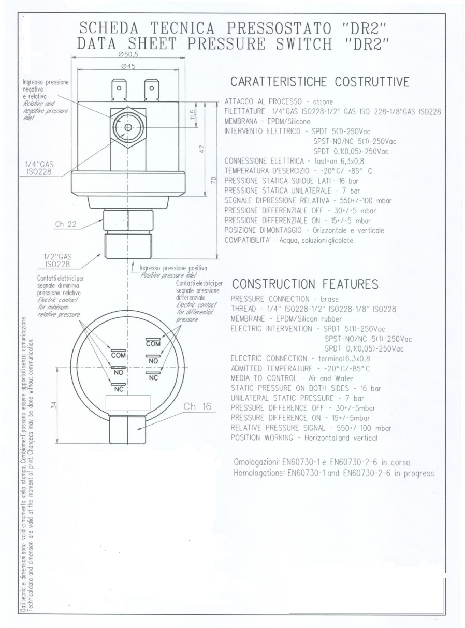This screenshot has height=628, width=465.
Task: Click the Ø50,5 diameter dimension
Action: click(x=128, y=54)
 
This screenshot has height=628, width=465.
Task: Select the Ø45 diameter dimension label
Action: click(x=128, y=66)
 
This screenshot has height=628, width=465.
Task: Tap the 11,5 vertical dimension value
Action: click(x=193, y=114)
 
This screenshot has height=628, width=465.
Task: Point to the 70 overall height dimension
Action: click(x=214, y=180)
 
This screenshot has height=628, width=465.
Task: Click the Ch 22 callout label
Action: click(x=66, y=224)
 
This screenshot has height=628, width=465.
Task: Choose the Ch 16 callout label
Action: click(x=197, y=406)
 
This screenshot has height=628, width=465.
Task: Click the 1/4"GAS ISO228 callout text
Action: click(x=39, y=168)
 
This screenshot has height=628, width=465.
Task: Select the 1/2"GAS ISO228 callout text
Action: click(x=57, y=260)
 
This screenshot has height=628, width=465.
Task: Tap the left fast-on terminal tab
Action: click(x=119, y=90)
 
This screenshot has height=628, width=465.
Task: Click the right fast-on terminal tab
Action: click(x=152, y=90)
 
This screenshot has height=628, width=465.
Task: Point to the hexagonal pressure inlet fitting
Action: click(x=128, y=127)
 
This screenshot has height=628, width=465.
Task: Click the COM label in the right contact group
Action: click(x=153, y=344)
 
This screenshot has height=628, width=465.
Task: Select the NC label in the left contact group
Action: click(x=119, y=389)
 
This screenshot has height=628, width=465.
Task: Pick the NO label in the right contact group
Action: click(x=153, y=361)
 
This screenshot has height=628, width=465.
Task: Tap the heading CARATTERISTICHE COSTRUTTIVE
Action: click(x=320, y=82)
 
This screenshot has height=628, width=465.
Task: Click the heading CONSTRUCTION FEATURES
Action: click(x=306, y=284)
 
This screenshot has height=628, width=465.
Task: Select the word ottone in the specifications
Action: click(x=323, y=101)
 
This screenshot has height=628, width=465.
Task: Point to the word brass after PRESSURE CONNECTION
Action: click(x=329, y=299)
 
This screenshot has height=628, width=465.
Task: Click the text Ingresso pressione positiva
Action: click(x=173, y=268)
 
